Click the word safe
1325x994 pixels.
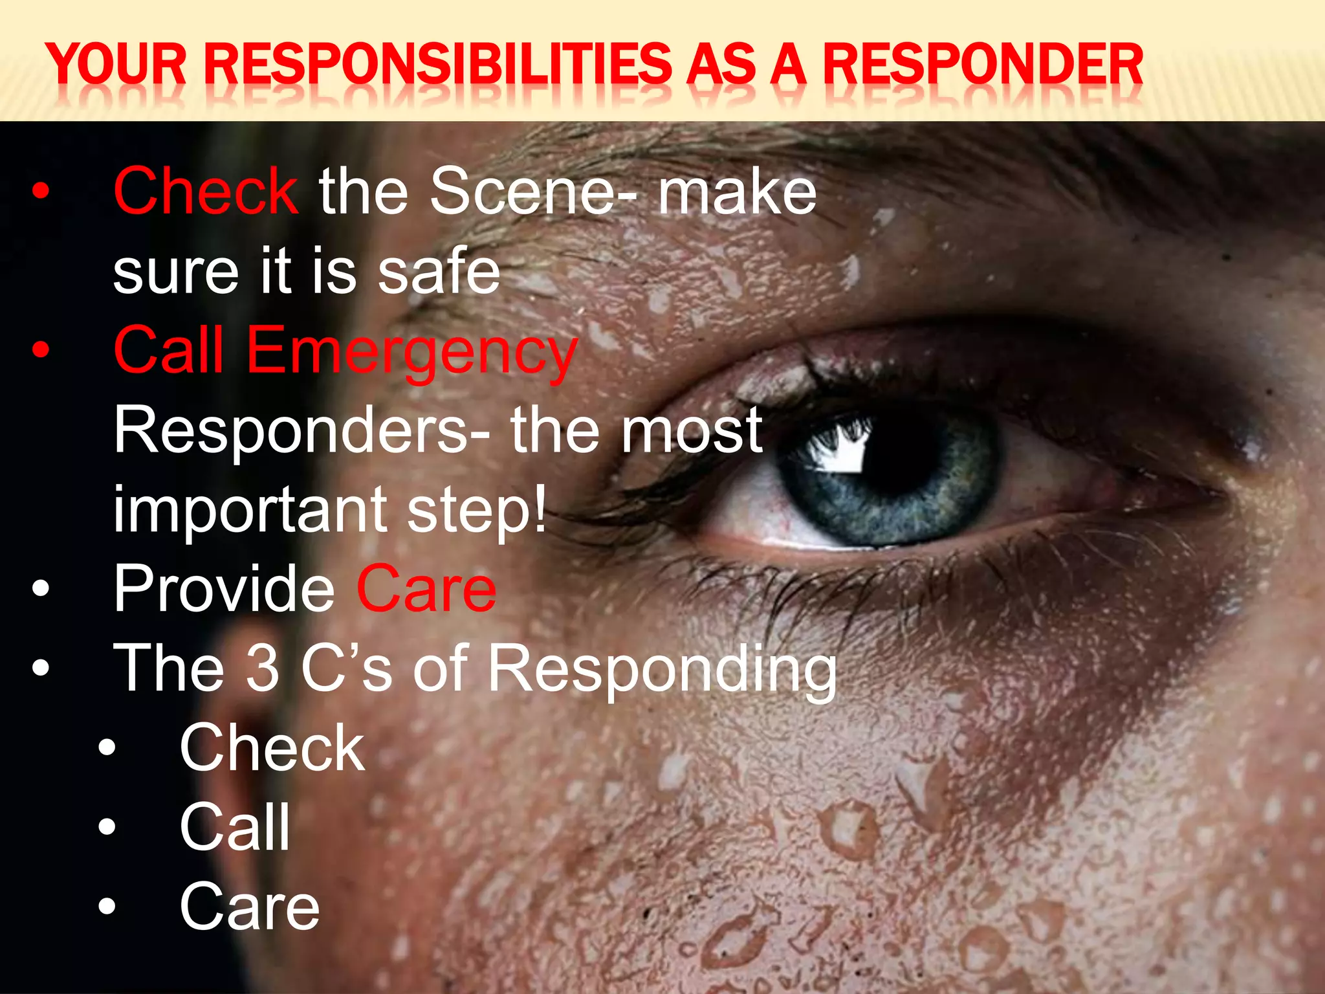tap(439, 271)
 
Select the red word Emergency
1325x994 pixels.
tap(411, 351)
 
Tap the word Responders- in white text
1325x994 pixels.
tap(301, 430)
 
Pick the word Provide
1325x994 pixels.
tap(224, 589)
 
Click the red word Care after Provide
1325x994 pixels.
tap(426, 589)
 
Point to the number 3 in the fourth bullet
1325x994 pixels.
tap(263, 668)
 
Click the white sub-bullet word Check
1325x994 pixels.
tap(272, 748)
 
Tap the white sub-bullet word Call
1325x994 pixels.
tap(235, 827)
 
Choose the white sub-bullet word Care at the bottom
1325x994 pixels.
tap(250, 907)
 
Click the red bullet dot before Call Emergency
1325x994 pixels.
tap(41, 350)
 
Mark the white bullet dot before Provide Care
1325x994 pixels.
tap(41, 588)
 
